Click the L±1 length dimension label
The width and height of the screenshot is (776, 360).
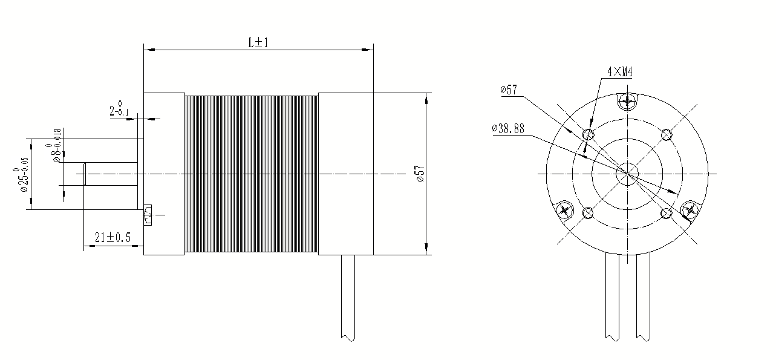coord(258,42)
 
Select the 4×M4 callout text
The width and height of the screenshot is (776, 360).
coord(620,72)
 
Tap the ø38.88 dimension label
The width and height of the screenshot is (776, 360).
coord(508,128)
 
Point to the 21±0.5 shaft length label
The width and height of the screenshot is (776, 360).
coord(112,237)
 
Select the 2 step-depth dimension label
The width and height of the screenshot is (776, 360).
coord(119,109)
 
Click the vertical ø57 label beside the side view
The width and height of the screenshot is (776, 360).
coord(420,174)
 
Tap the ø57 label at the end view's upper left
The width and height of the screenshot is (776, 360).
coord(509,90)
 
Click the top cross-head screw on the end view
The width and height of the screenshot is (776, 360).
coord(627,102)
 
